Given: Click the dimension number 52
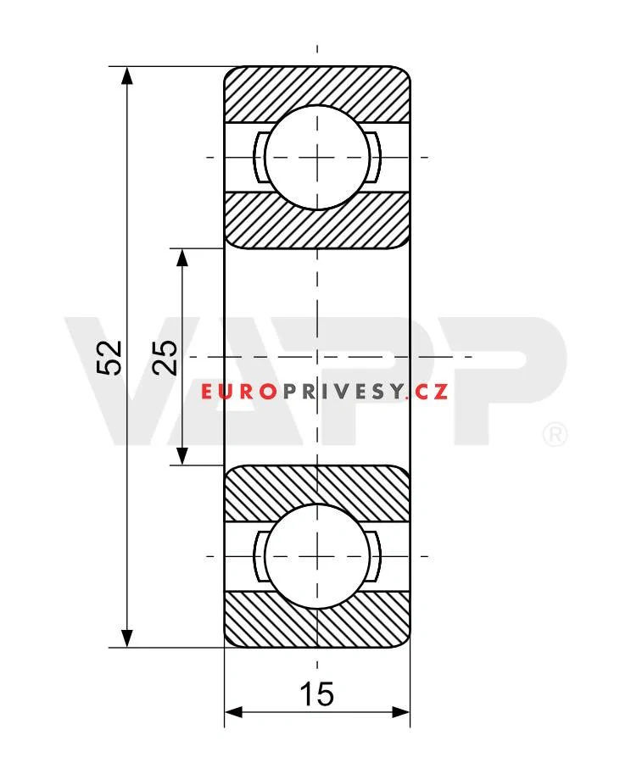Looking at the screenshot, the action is (109, 358).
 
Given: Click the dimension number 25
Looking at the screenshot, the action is (164, 357).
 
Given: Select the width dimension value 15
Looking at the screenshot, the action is (317, 693).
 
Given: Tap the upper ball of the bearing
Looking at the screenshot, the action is (317, 157).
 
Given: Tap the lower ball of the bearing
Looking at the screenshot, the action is (317, 555).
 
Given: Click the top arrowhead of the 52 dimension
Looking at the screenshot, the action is (126, 76).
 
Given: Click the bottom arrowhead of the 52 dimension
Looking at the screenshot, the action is (126, 638).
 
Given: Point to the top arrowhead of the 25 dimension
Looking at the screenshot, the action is (182, 258).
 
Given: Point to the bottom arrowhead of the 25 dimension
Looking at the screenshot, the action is (182, 456).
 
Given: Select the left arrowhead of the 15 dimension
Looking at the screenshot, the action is (233, 713).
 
